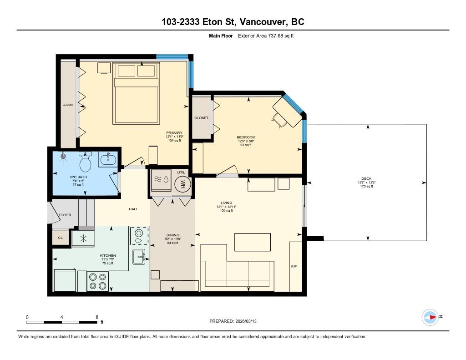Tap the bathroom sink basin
109,159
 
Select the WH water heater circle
182,183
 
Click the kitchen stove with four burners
98,281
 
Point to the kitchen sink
139,257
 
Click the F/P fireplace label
294,266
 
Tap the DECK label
366,179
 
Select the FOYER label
65,215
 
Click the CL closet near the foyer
61,238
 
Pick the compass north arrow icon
431,317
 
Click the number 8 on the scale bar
97,317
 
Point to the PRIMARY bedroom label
174,132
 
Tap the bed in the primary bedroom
136,93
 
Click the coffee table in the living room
253,242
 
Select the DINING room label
172,235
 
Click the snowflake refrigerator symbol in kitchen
84,238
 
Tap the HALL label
133,209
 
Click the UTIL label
181,172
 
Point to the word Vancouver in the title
263,22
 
